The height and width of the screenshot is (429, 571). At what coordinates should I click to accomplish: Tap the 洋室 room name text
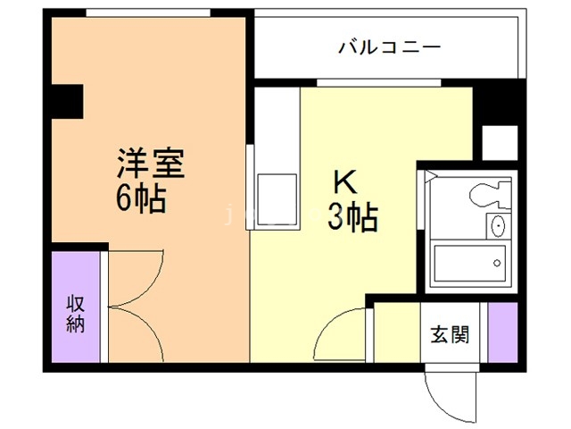click(x=150, y=166)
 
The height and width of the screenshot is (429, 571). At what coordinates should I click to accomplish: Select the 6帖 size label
click(x=141, y=199)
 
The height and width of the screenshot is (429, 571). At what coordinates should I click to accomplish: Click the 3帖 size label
click(x=352, y=216)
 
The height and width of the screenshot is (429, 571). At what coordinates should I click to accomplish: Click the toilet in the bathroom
click(x=487, y=193)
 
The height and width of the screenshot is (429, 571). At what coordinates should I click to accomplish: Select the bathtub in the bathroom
click(x=468, y=262)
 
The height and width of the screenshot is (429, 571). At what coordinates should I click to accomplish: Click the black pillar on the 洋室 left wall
click(x=65, y=101)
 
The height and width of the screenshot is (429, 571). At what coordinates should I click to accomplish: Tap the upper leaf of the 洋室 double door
click(x=134, y=277)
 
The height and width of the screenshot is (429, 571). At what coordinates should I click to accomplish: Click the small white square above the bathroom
click(x=499, y=141)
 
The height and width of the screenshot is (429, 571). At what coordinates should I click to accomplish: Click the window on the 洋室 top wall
click(x=147, y=13)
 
